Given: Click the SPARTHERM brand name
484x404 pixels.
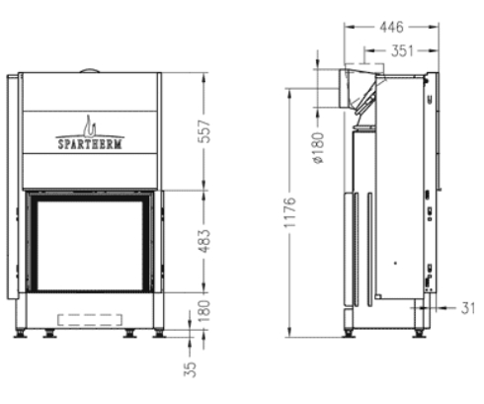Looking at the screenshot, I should click(x=90, y=142).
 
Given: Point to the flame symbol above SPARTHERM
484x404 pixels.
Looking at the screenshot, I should click(x=90, y=125).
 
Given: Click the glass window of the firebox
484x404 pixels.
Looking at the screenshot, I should click(x=90, y=241).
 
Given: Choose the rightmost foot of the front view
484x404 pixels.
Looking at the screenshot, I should click(x=157, y=333).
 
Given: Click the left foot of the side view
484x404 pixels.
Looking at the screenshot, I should click(x=348, y=331).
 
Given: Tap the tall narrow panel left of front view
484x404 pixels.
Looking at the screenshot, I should click(x=12, y=188).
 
